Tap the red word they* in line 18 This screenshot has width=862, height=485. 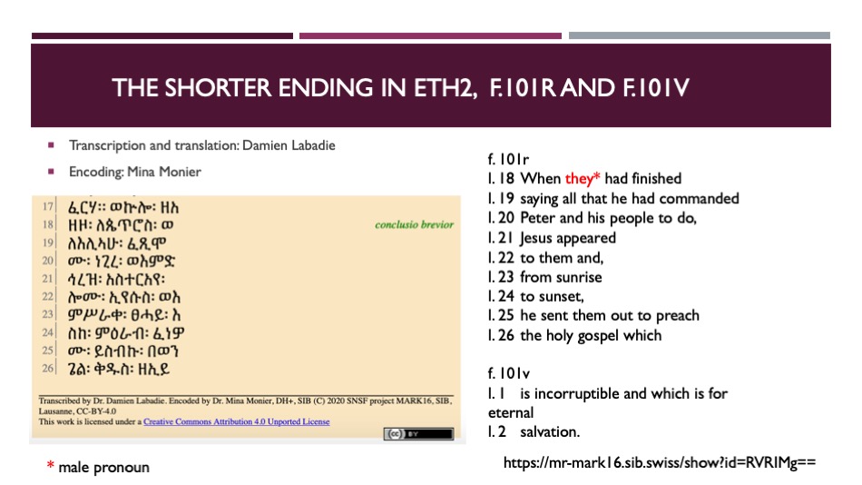coord(583,178)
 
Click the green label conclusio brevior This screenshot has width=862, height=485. coord(415,224)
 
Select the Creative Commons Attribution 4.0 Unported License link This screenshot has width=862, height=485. coord(237,421)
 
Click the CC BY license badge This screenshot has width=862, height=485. coord(419,434)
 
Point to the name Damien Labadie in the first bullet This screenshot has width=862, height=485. coord(289,145)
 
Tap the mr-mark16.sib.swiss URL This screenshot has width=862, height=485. coord(660,462)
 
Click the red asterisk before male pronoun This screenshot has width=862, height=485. coord(51,465)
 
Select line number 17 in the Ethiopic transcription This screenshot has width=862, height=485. coord(48,206)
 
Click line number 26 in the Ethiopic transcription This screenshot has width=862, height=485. coord(48,368)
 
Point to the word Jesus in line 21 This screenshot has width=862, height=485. coord(538,238)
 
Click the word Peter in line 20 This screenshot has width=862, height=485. coord(538,218)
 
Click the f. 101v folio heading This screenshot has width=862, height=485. coord(508,374)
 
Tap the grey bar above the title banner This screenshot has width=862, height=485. coord(700,35)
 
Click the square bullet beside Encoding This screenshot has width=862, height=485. coord(51,172)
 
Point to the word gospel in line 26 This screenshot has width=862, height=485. coord(596,336)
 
